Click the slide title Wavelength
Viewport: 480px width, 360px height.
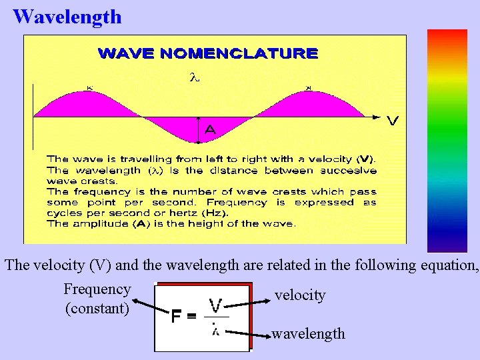tap(67, 16)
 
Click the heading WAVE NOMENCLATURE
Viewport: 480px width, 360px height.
tap(207, 53)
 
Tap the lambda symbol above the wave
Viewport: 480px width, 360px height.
tap(195, 78)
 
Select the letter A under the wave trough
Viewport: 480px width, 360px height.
tap(209, 130)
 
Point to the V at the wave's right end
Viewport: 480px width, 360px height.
tap(393, 121)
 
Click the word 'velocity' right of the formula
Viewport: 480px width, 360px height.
tap(300, 295)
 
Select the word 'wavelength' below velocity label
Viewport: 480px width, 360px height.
tap(308, 333)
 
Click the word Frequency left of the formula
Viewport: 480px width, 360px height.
tap(97, 289)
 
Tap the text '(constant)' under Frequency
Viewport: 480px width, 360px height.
tap(97, 309)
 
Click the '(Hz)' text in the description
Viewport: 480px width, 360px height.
tap(214, 213)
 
